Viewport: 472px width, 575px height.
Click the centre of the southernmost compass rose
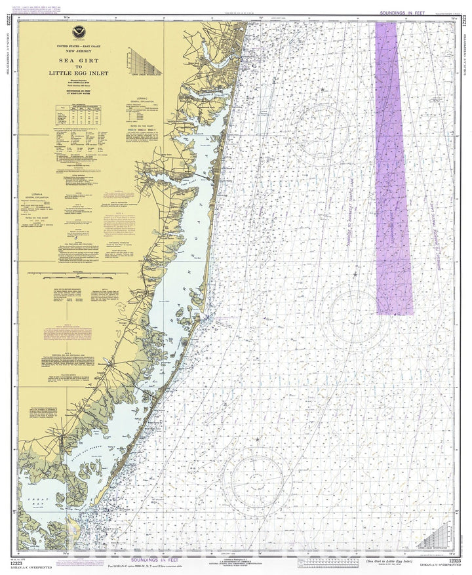pos(256,482)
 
